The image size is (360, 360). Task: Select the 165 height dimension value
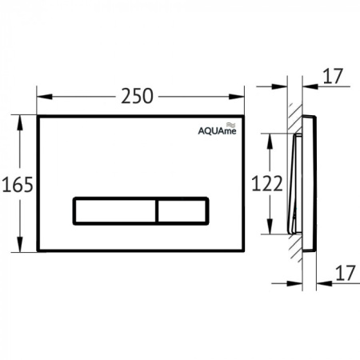17,185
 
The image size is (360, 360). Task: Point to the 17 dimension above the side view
334,78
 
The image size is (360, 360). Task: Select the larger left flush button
114,210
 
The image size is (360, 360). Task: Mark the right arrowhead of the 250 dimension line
241,97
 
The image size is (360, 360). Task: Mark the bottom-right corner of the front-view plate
246,251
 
